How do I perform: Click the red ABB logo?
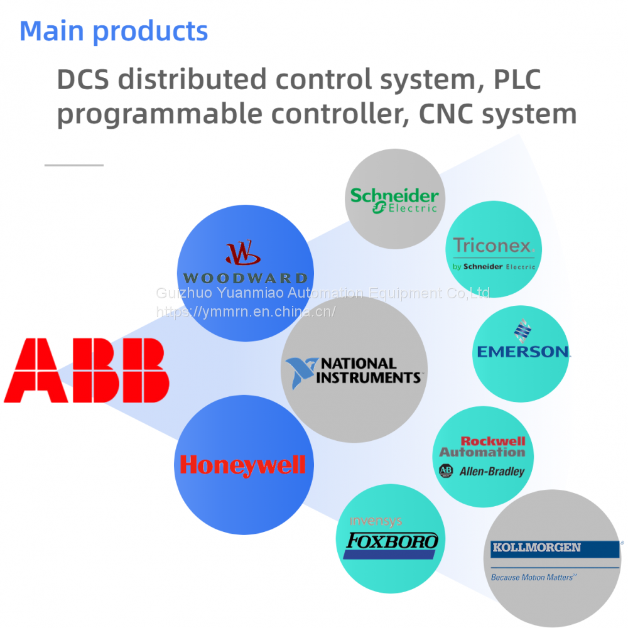[87, 370]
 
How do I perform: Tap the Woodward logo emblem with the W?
[243, 252]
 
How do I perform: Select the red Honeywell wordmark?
[242, 465]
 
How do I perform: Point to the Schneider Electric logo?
[394, 200]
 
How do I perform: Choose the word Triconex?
[492, 246]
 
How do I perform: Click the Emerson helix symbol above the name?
[521, 330]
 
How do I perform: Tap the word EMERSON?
[522, 352]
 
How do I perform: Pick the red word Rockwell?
[493, 441]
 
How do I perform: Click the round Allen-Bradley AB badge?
[446, 471]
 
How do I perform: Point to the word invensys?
[375, 521]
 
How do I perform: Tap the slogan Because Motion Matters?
[533, 577]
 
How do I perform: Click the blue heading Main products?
[114, 31]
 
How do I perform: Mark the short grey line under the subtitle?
[74, 165]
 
